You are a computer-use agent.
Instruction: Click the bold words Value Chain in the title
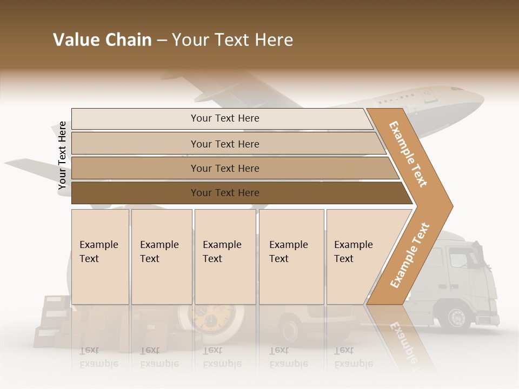point(102,40)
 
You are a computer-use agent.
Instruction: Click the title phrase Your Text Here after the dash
point(232,40)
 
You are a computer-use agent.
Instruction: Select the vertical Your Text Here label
point(62,156)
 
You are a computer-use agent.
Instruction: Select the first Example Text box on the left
point(100,257)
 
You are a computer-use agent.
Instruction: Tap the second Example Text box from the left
point(162,257)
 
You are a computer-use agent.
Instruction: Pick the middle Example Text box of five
point(225,257)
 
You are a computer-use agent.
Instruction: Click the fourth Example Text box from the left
point(291,257)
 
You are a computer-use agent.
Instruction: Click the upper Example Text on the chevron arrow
point(408,154)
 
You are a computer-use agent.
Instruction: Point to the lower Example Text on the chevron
point(409,255)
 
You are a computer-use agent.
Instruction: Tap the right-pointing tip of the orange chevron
point(450,206)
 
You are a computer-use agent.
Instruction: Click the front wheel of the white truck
point(457,317)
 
